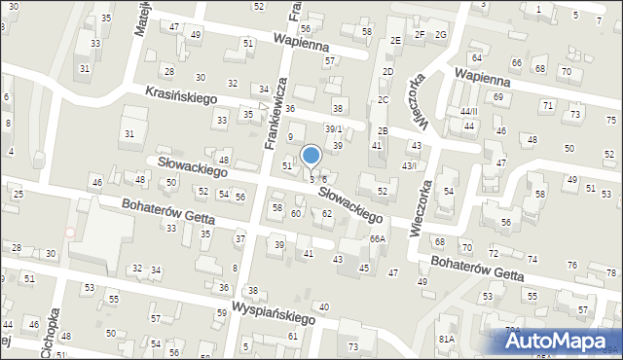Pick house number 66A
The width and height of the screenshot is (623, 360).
(x=378, y=238)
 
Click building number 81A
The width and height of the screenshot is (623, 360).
(x=446, y=339)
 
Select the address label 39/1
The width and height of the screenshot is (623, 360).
(x=334, y=129)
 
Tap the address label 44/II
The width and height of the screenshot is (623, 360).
(x=470, y=111)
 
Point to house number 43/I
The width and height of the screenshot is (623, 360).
(x=410, y=165)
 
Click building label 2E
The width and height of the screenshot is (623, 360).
(x=395, y=40)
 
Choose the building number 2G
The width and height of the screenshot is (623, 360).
(x=440, y=35)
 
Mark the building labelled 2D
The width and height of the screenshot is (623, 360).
(x=387, y=72)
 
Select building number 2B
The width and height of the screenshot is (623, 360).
(x=383, y=130)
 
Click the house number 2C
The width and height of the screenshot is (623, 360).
(x=383, y=100)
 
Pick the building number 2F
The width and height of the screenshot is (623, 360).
(x=420, y=35)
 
